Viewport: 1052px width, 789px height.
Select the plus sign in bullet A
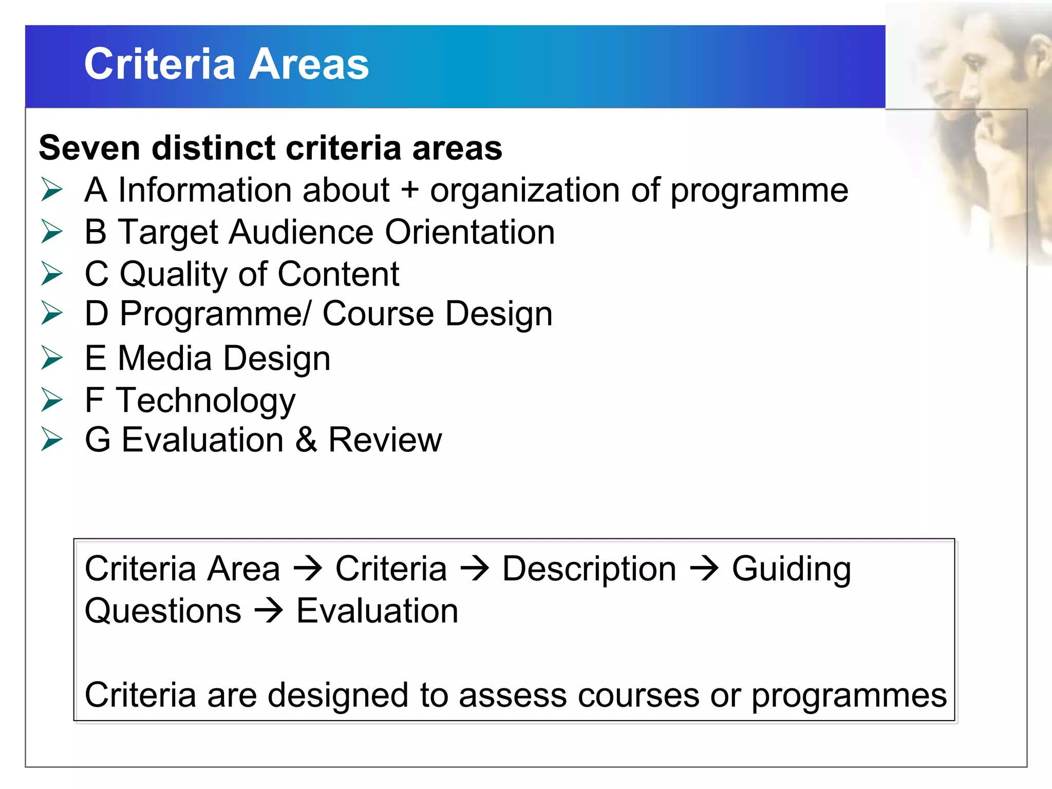(x=410, y=190)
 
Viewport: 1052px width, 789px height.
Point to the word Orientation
(x=470, y=232)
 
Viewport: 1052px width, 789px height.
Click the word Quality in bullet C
(x=173, y=274)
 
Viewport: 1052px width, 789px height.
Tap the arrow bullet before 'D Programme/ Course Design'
(x=52, y=313)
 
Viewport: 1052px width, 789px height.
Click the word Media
(x=164, y=358)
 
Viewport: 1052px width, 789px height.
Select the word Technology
(x=206, y=401)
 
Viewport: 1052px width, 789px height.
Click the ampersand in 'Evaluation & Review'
(x=306, y=440)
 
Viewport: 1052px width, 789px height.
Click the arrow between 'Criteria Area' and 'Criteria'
(x=308, y=569)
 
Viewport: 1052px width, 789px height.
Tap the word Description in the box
(x=589, y=569)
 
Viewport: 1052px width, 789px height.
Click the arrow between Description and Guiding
(x=704, y=569)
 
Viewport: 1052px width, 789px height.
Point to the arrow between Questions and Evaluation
(x=269, y=611)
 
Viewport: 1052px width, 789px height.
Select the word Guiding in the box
(x=791, y=569)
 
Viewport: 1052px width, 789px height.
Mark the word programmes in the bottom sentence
(x=849, y=697)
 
